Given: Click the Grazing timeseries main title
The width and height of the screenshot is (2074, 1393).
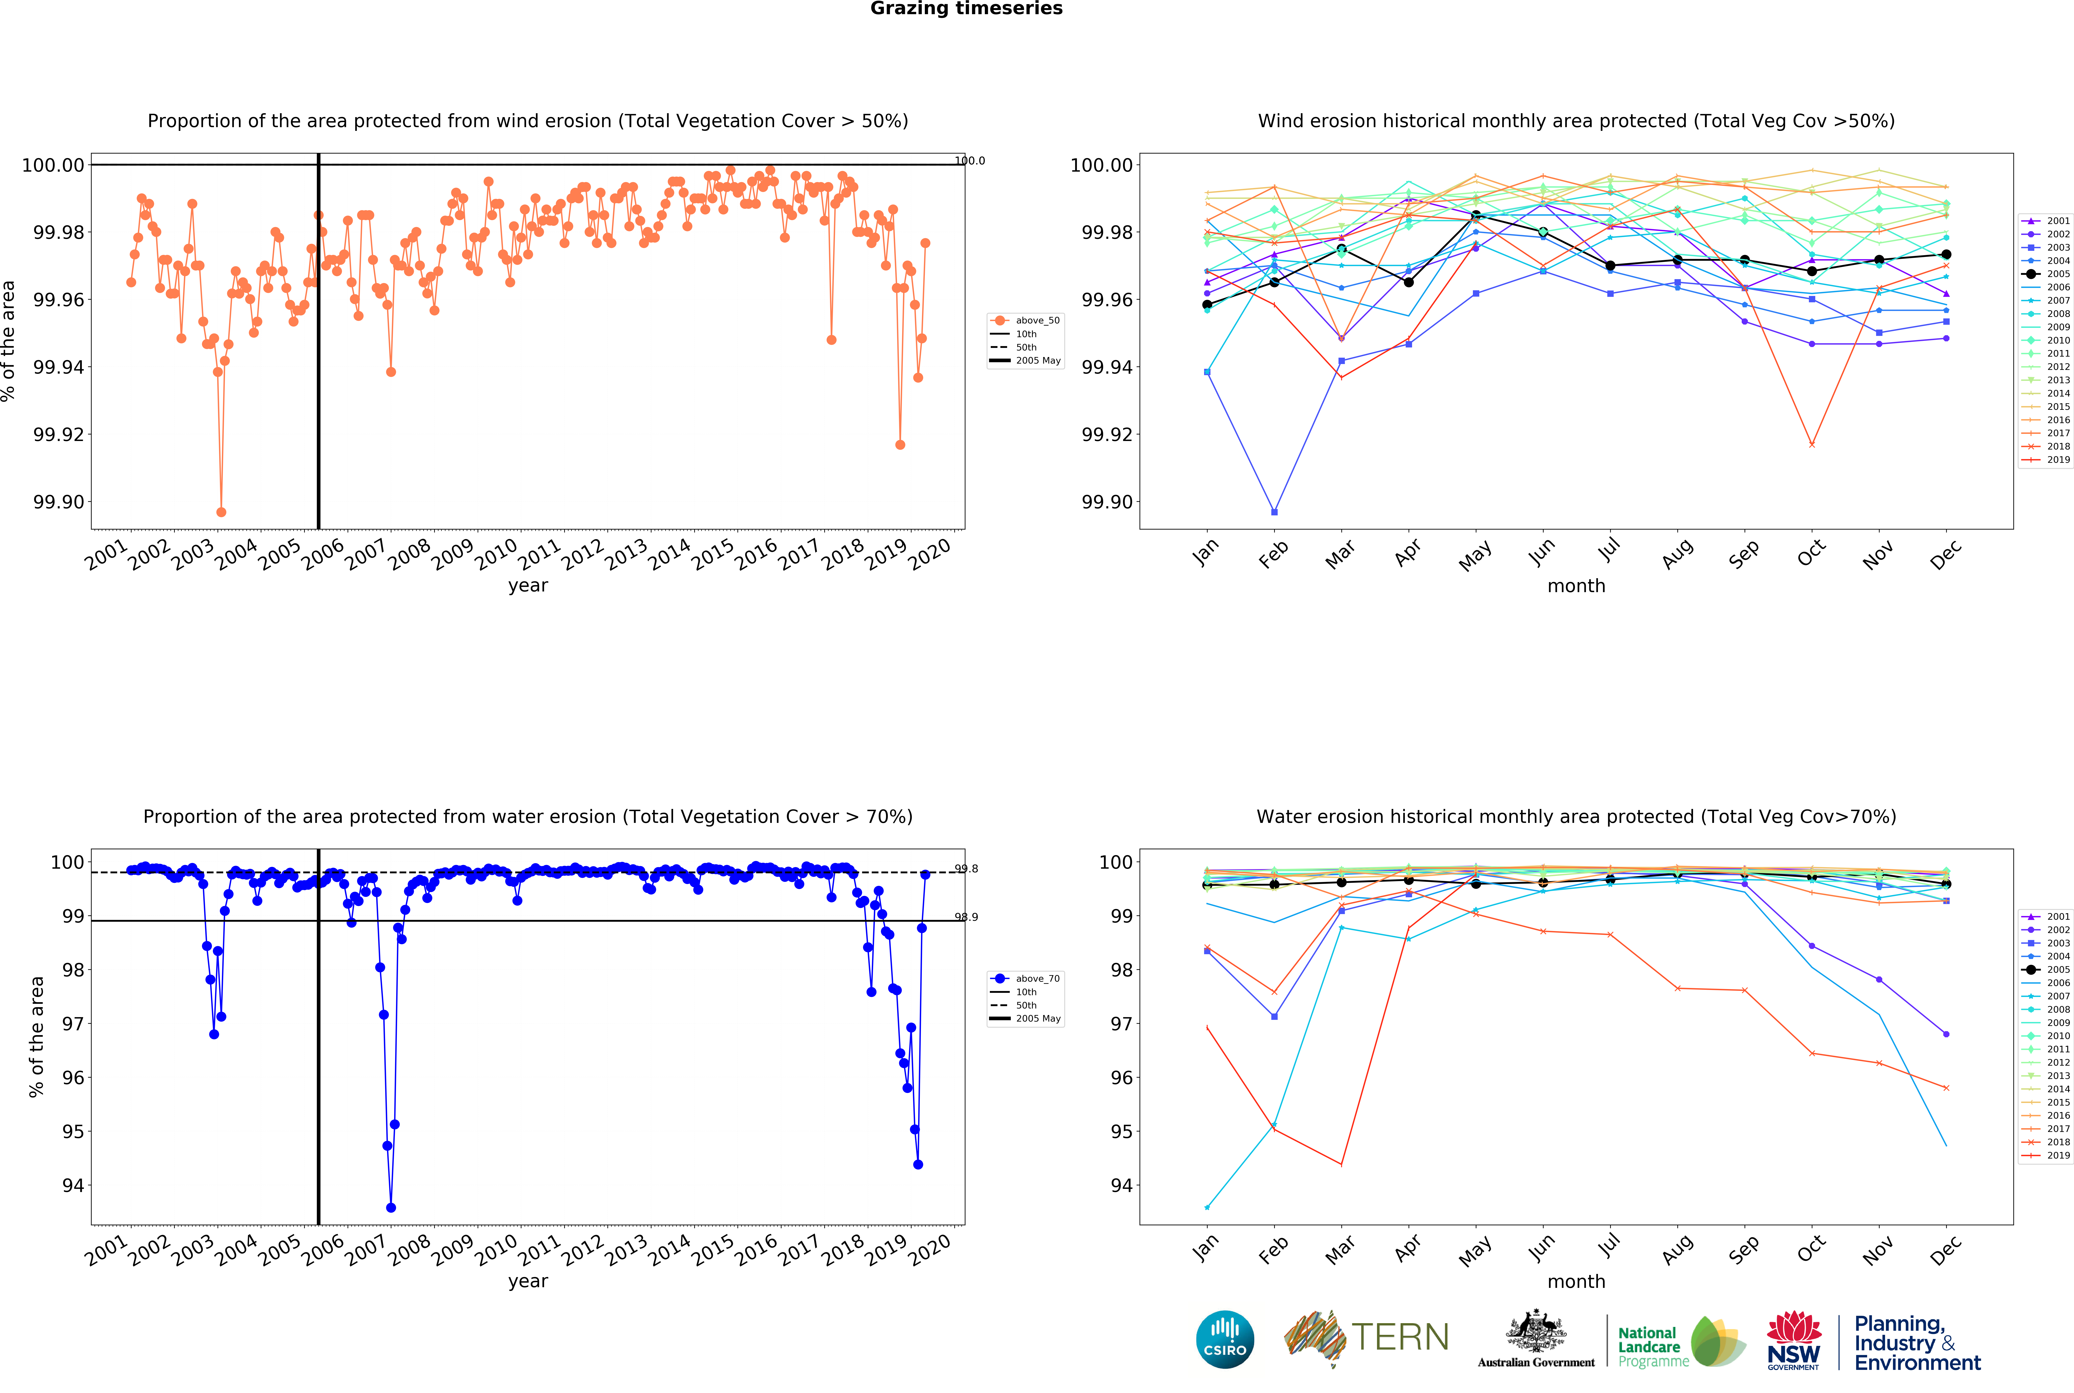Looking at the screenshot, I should [966, 9].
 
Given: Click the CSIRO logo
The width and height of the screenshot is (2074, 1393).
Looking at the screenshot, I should [1224, 1339].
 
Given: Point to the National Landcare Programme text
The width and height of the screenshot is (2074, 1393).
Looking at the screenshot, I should [1653, 1347].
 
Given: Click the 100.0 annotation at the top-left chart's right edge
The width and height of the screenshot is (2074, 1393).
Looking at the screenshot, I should [969, 161].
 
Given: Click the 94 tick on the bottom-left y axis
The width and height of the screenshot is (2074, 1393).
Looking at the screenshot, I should [73, 1186].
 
